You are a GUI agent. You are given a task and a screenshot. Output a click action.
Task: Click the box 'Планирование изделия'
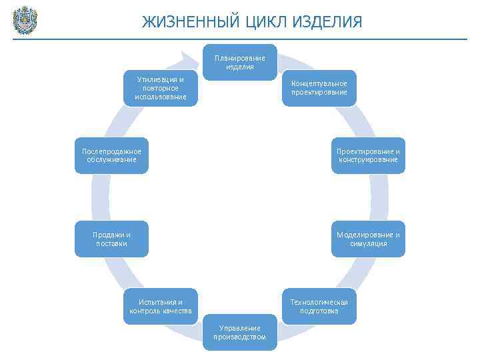[x=239, y=62]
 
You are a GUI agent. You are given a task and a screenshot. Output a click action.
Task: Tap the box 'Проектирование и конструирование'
[x=368, y=155]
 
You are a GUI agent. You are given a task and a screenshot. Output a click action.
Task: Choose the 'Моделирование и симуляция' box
[x=368, y=239]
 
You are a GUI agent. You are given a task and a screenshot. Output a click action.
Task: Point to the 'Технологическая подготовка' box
[x=319, y=306]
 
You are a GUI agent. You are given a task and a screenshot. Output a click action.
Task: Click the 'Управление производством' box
[x=239, y=332]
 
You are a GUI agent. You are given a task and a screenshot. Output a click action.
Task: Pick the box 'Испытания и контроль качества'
[x=160, y=306]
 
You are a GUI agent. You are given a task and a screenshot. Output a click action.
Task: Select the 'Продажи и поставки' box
[x=111, y=239]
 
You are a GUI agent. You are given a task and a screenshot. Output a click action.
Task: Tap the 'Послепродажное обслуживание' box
[x=111, y=155]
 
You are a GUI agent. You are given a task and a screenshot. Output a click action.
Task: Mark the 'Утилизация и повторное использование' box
[x=160, y=88]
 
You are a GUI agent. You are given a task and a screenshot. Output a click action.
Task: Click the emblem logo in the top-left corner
[x=25, y=20]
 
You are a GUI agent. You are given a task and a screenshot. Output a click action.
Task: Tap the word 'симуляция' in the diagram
[x=368, y=243]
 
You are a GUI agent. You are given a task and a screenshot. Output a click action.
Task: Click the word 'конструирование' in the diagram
[x=368, y=160]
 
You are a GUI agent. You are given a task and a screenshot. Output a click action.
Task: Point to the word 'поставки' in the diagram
[x=111, y=243]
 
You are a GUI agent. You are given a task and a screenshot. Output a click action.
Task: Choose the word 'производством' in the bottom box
[x=239, y=337]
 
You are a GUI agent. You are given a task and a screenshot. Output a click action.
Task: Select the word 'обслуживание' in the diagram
[x=111, y=160]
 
